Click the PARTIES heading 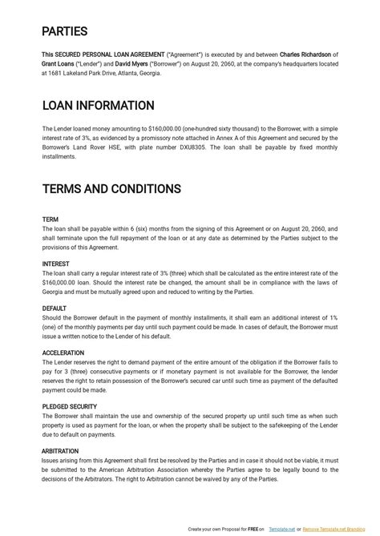(65, 32)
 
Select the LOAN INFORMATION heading (98, 106)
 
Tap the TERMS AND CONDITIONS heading (111, 189)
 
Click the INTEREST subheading (56, 264)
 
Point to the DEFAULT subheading (55, 308)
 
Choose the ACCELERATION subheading (64, 353)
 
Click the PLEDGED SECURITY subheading (70, 406)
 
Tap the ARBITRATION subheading (60, 451)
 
